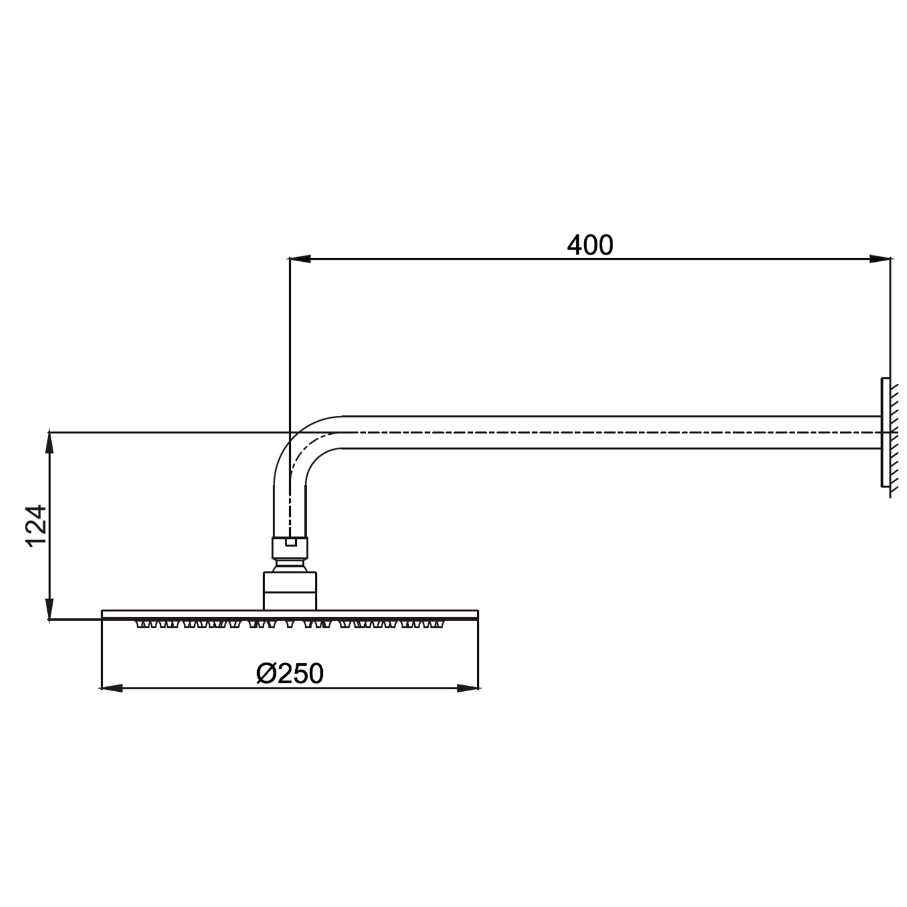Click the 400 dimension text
(x=590, y=245)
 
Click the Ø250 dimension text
(x=290, y=673)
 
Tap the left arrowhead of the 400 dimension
(x=300, y=259)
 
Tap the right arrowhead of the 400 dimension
(x=880, y=259)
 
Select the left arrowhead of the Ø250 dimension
(x=111, y=688)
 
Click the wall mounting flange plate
(x=885, y=432)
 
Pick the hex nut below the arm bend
(x=290, y=548)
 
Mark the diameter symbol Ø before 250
(x=267, y=673)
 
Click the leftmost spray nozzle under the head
(x=141, y=624)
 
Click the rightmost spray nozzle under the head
(x=439, y=624)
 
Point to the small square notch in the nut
(x=290, y=542)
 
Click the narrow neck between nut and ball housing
(x=290, y=565)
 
